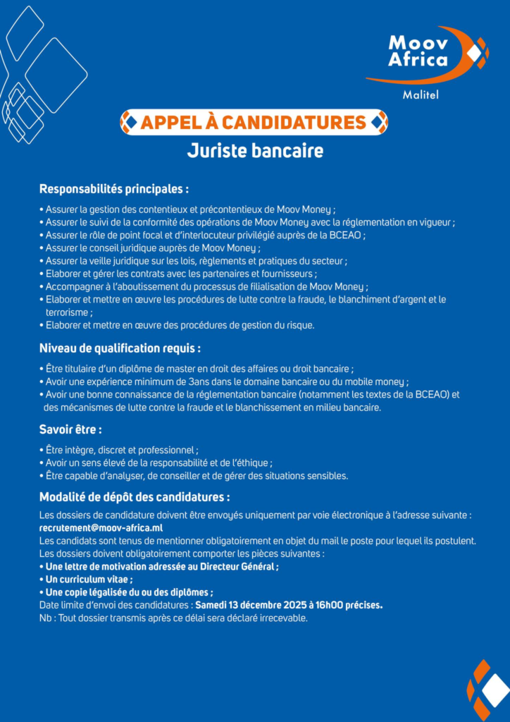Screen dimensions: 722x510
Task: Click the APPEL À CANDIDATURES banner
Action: pyautogui.click(x=254, y=123)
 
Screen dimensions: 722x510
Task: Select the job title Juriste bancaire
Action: pyautogui.click(x=254, y=151)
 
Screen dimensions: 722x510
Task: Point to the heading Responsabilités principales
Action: pyautogui.click(x=113, y=189)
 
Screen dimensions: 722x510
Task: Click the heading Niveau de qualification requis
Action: pyautogui.click(x=120, y=348)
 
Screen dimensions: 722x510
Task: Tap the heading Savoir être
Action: pyautogui.click(x=70, y=429)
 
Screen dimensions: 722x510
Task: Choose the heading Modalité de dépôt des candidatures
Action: pyautogui.click(x=135, y=496)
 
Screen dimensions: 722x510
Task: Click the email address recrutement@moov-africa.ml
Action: pyautogui.click(x=101, y=528)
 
